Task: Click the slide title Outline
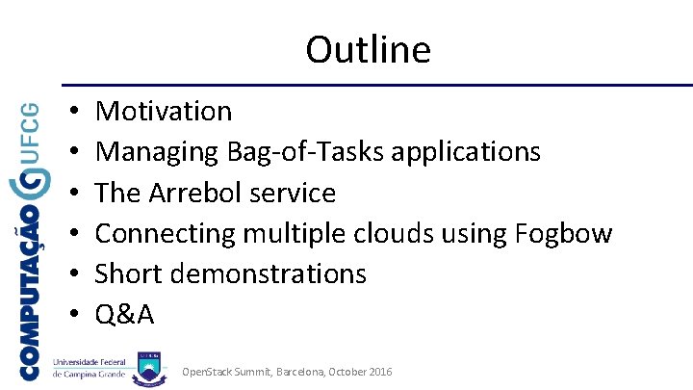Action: click(x=368, y=49)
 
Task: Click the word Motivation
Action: click(x=164, y=112)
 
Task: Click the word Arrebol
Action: click(x=195, y=193)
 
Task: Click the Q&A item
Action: click(x=125, y=315)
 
